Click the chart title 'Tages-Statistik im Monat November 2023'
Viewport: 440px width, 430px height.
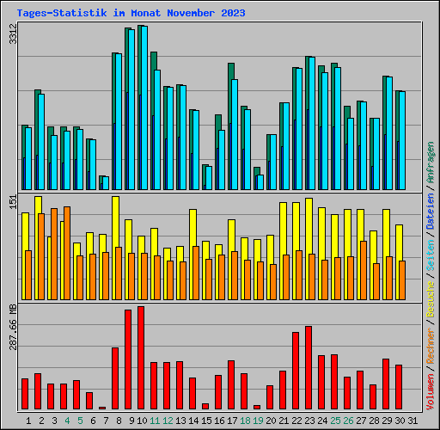click(131, 13)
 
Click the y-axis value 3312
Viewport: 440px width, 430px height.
click(11, 35)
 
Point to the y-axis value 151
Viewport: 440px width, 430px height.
click(11, 203)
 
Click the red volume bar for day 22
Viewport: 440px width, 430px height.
click(296, 371)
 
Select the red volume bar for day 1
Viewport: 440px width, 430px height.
click(25, 394)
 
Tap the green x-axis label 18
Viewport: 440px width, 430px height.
click(244, 421)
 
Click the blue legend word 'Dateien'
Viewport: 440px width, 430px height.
click(431, 210)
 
